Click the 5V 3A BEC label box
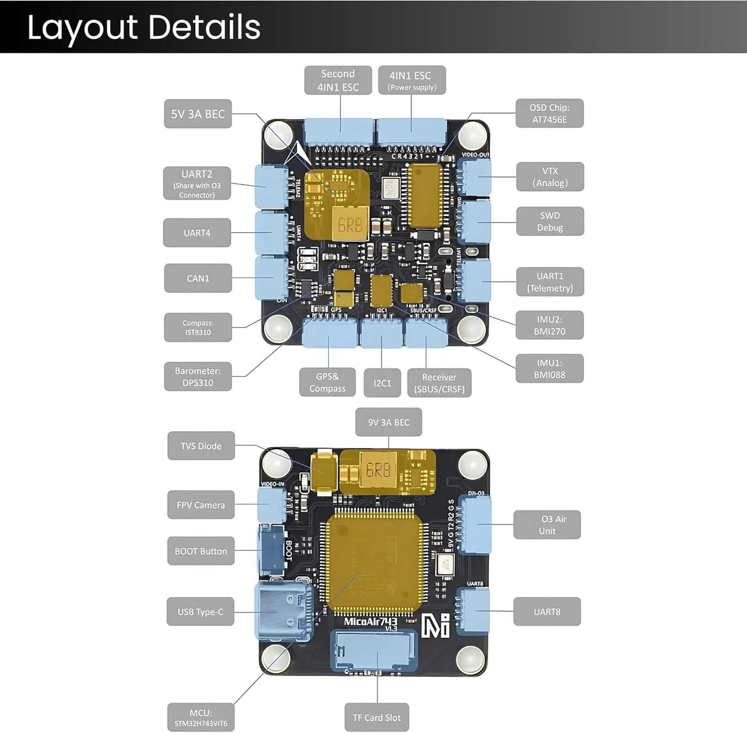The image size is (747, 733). pyautogui.click(x=197, y=114)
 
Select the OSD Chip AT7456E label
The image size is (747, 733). pyautogui.click(x=549, y=113)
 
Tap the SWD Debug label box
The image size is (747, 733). pyautogui.click(x=550, y=221)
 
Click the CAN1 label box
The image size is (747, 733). pyautogui.click(x=197, y=278)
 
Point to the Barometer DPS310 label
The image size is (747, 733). pyautogui.click(x=197, y=377)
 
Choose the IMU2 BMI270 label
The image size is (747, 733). pyautogui.click(x=549, y=325)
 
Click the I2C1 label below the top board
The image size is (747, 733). pyautogui.click(x=382, y=383)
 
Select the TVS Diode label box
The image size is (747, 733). pyautogui.click(x=201, y=446)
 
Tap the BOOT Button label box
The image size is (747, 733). pyautogui.click(x=201, y=551)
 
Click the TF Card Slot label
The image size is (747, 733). pyautogui.click(x=376, y=717)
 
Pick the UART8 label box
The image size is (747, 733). pyautogui.click(x=547, y=611)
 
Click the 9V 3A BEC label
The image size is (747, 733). pyautogui.click(x=388, y=422)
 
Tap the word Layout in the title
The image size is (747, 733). pyautogui.click(x=83, y=27)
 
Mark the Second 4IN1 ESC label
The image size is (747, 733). pyautogui.click(x=338, y=80)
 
